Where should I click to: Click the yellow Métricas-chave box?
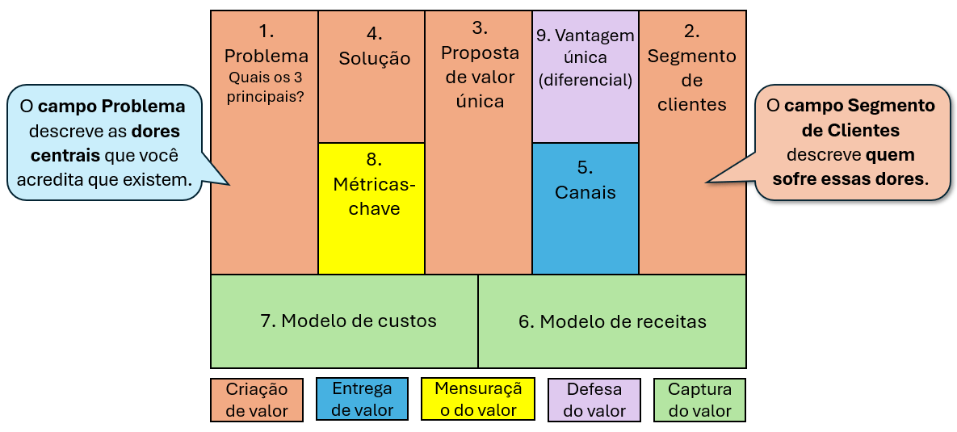pyautogui.click(x=371, y=208)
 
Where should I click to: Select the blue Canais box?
pyautogui.click(x=586, y=208)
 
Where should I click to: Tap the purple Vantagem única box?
pyautogui.click(x=586, y=77)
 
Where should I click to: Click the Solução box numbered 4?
pyautogui.click(x=371, y=77)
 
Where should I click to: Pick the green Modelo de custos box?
pyautogui.click(x=344, y=321)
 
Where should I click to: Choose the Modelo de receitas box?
pyautogui.click(x=612, y=321)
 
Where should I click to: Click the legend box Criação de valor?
pyautogui.click(x=257, y=400)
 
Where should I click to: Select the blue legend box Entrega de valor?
pyautogui.click(x=363, y=399)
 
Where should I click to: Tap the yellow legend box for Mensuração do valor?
pyautogui.click(x=478, y=399)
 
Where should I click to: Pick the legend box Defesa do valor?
pyautogui.click(x=594, y=400)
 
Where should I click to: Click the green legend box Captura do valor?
pyautogui.click(x=700, y=400)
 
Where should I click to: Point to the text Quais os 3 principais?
pyautogui.click(x=266, y=87)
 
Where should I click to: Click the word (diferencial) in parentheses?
pyautogui.click(x=586, y=80)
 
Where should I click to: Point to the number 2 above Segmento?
pyautogui.click(x=692, y=32)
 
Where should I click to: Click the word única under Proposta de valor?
pyautogui.click(x=480, y=101)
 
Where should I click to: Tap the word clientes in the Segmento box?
pyautogui.click(x=691, y=104)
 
